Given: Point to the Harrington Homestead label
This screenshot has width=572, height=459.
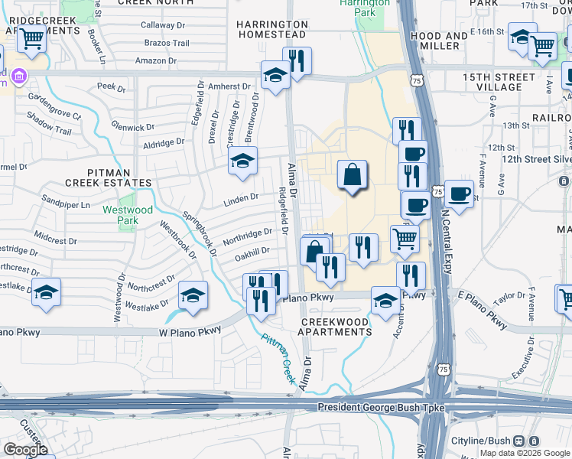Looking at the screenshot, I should [271, 29].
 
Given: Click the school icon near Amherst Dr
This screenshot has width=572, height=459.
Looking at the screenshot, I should [275, 75].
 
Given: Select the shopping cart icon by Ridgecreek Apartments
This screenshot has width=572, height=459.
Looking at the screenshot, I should [31, 38].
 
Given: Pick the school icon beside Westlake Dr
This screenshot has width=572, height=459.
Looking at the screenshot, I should [47, 293].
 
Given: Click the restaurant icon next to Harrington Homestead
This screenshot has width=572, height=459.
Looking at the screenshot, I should [297, 61].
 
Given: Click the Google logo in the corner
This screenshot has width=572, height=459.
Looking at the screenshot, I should [26, 449].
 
